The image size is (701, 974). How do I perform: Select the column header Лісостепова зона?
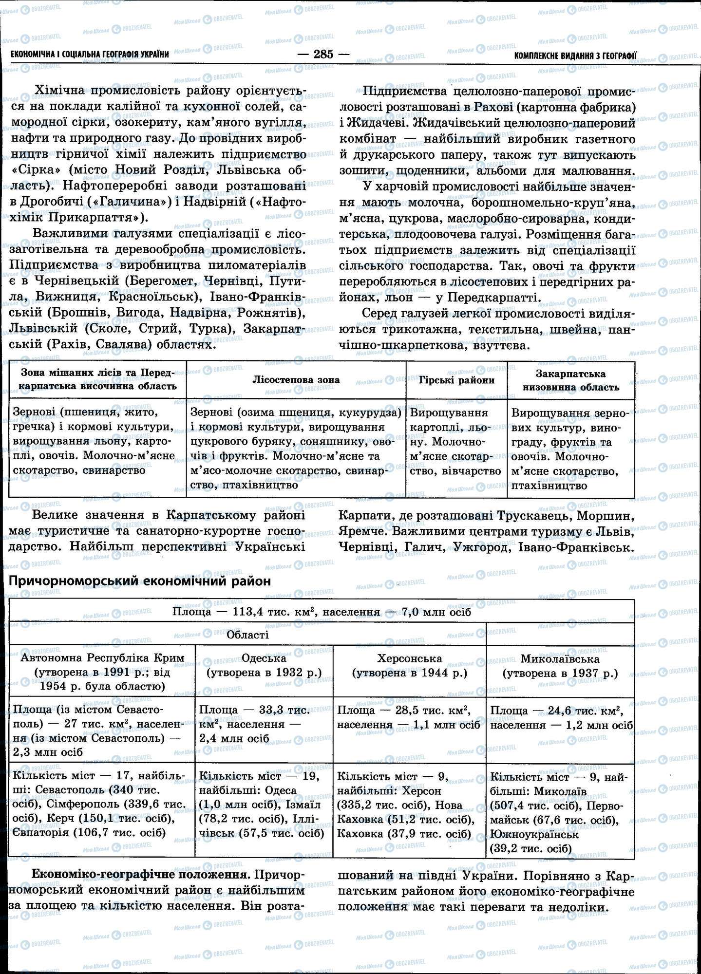(x=296, y=380)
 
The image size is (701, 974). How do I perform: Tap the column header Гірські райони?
(x=456, y=380)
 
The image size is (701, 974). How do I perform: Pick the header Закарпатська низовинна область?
(x=571, y=380)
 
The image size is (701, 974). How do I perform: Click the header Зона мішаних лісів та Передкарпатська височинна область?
(x=97, y=380)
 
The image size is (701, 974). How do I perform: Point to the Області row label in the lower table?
(x=247, y=635)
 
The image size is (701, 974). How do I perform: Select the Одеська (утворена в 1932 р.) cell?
(x=264, y=665)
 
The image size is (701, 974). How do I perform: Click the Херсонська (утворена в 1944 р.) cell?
(x=409, y=665)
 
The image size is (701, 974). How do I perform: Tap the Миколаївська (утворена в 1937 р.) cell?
(x=560, y=666)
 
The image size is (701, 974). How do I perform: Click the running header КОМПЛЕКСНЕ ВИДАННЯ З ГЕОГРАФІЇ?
(x=575, y=56)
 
